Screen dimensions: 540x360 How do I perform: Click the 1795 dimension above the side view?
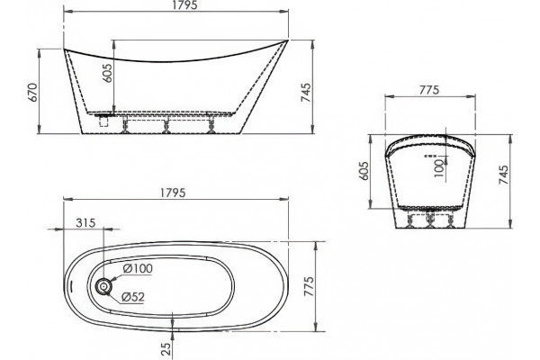pyautogui.click(x=184, y=4)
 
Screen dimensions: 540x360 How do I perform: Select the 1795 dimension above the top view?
pyautogui.click(x=173, y=193)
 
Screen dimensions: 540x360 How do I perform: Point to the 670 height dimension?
pyautogui.click(x=32, y=93)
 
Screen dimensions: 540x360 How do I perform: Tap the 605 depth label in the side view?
pyautogui.click(x=107, y=73)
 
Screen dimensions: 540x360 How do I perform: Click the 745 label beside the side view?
pyautogui.click(x=306, y=93)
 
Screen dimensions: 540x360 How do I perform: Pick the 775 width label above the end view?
pyautogui.click(x=429, y=90)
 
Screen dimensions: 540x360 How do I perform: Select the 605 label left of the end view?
pyautogui.click(x=364, y=171)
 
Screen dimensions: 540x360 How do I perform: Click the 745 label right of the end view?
pyautogui.click(x=503, y=175)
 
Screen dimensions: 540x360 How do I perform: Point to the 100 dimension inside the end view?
pyautogui.click(x=439, y=167)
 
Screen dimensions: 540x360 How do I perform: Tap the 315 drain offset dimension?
pyautogui.click(x=85, y=223)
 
